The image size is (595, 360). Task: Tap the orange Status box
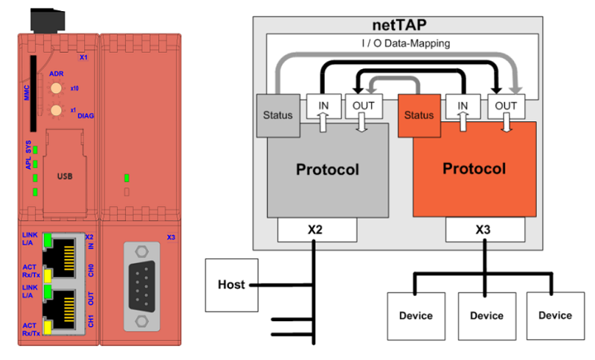click(419, 115)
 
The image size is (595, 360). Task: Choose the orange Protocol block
click(475, 170)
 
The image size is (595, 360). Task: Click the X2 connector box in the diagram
click(315, 231)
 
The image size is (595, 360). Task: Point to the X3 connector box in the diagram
click(483, 231)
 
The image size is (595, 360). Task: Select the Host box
click(231, 285)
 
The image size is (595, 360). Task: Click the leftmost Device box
click(416, 315)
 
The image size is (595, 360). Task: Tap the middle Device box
click(486, 315)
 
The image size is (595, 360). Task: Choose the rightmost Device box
click(556, 315)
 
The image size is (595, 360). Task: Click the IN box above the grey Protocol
click(322, 106)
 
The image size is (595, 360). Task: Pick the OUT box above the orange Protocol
click(506, 106)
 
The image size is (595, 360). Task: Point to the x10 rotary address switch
click(56, 89)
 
